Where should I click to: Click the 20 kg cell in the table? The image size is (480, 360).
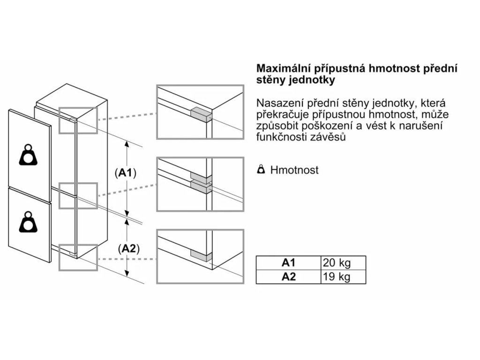(337, 262)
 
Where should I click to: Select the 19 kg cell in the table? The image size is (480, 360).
(337, 277)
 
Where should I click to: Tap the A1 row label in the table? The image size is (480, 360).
(289, 262)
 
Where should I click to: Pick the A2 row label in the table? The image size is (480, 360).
(289, 277)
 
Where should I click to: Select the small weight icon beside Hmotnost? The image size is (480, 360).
(262, 170)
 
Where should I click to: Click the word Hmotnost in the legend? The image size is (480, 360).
(294, 170)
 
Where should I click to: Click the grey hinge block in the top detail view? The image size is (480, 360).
(201, 113)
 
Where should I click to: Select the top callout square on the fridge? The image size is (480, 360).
(78, 120)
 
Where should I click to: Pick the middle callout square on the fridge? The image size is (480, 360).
(78, 196)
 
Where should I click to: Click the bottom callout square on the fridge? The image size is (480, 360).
(78, 257)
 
